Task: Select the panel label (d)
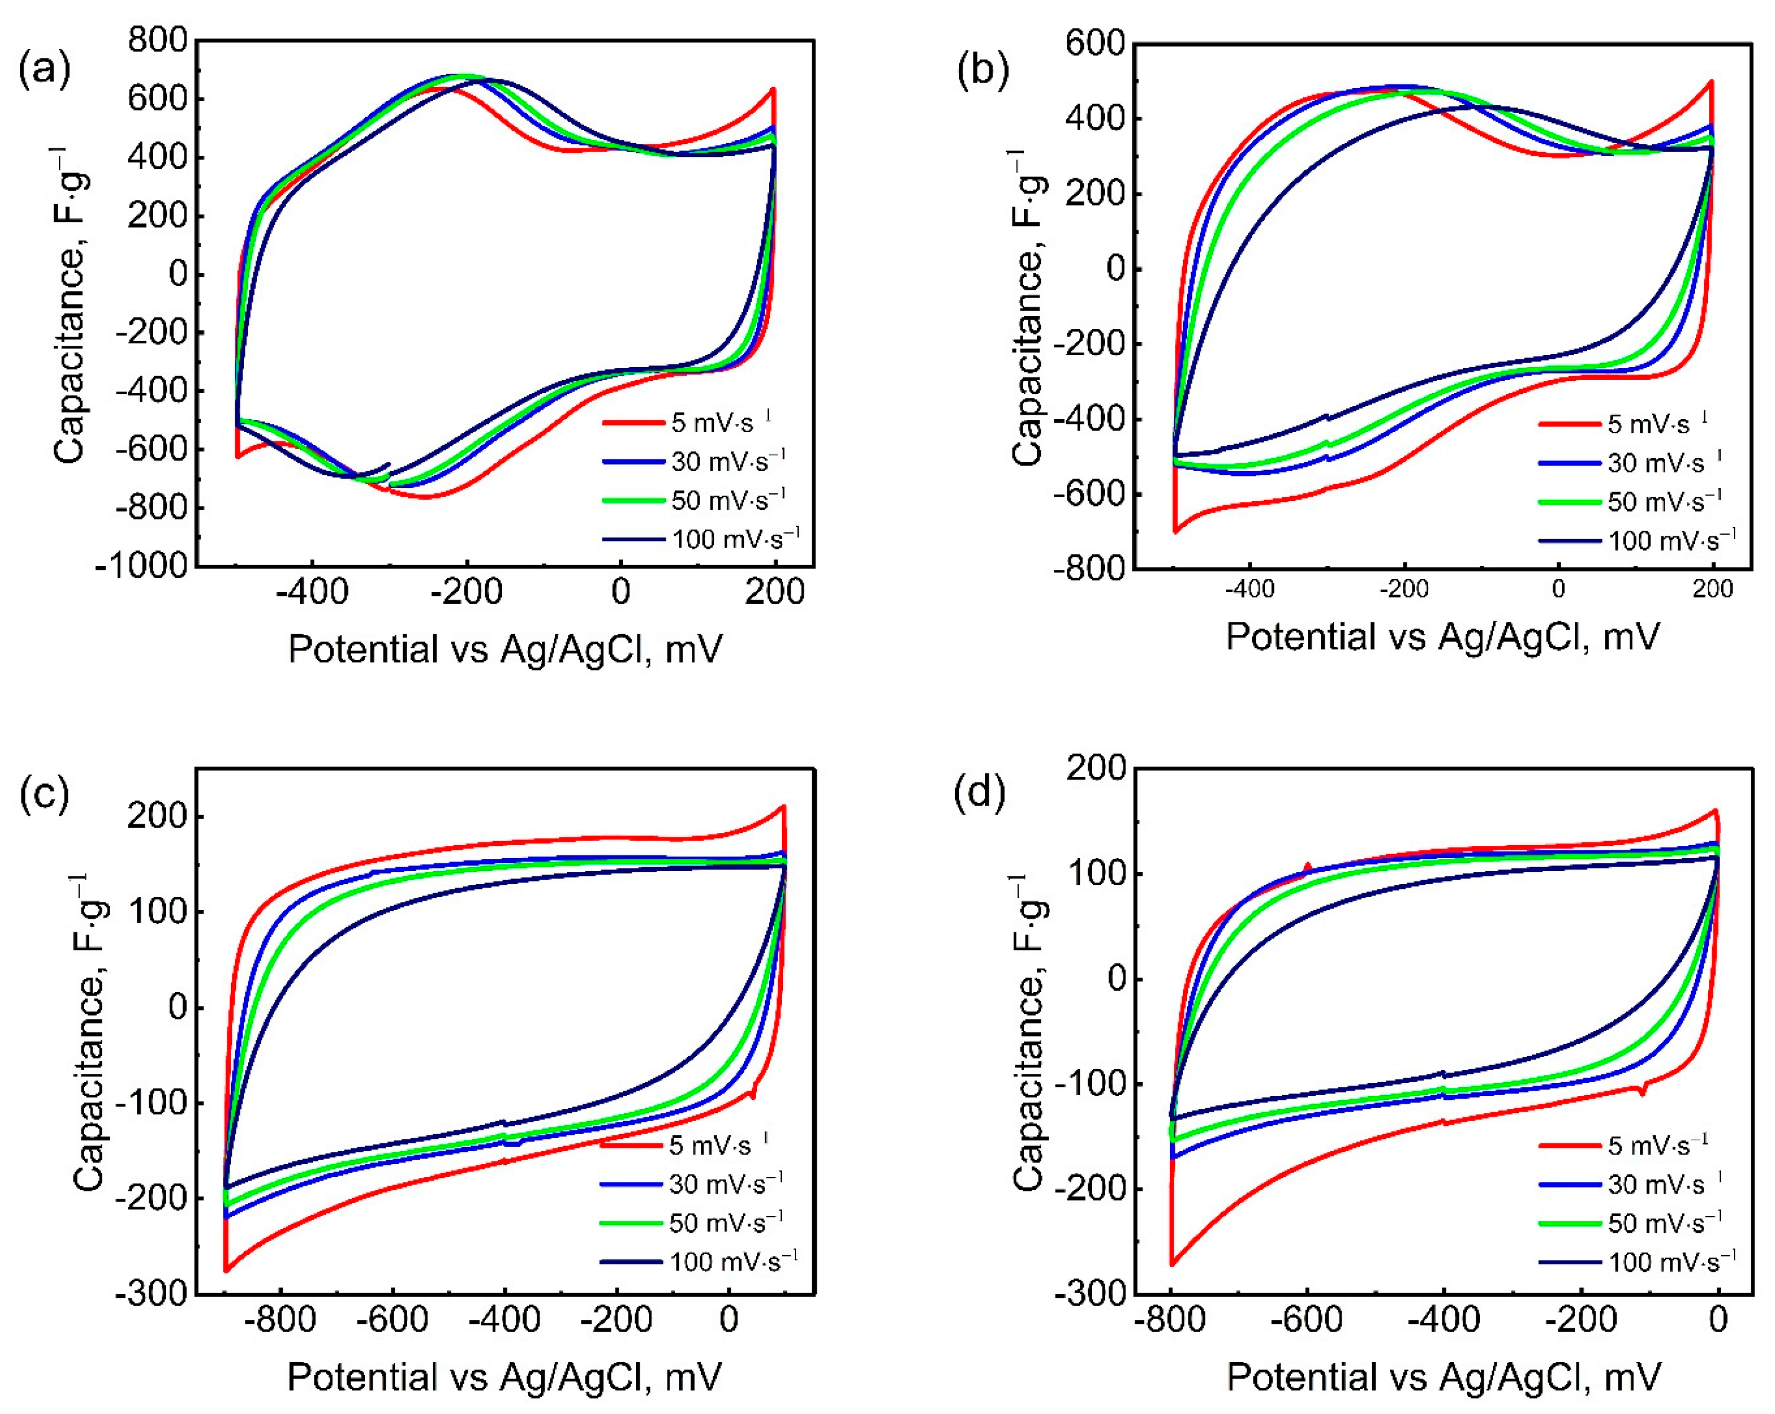point(979,795)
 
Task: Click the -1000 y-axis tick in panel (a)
point(142,566)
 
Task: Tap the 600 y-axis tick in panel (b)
point(1094,43)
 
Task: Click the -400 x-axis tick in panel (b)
point(1249,589)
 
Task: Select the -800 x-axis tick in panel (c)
point(281,1320)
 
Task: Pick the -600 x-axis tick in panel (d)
point(1307,1320)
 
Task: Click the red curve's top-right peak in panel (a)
point(773,89)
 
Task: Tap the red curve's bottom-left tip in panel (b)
point(1175,532)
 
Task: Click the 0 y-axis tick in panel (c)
point(178,1007)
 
